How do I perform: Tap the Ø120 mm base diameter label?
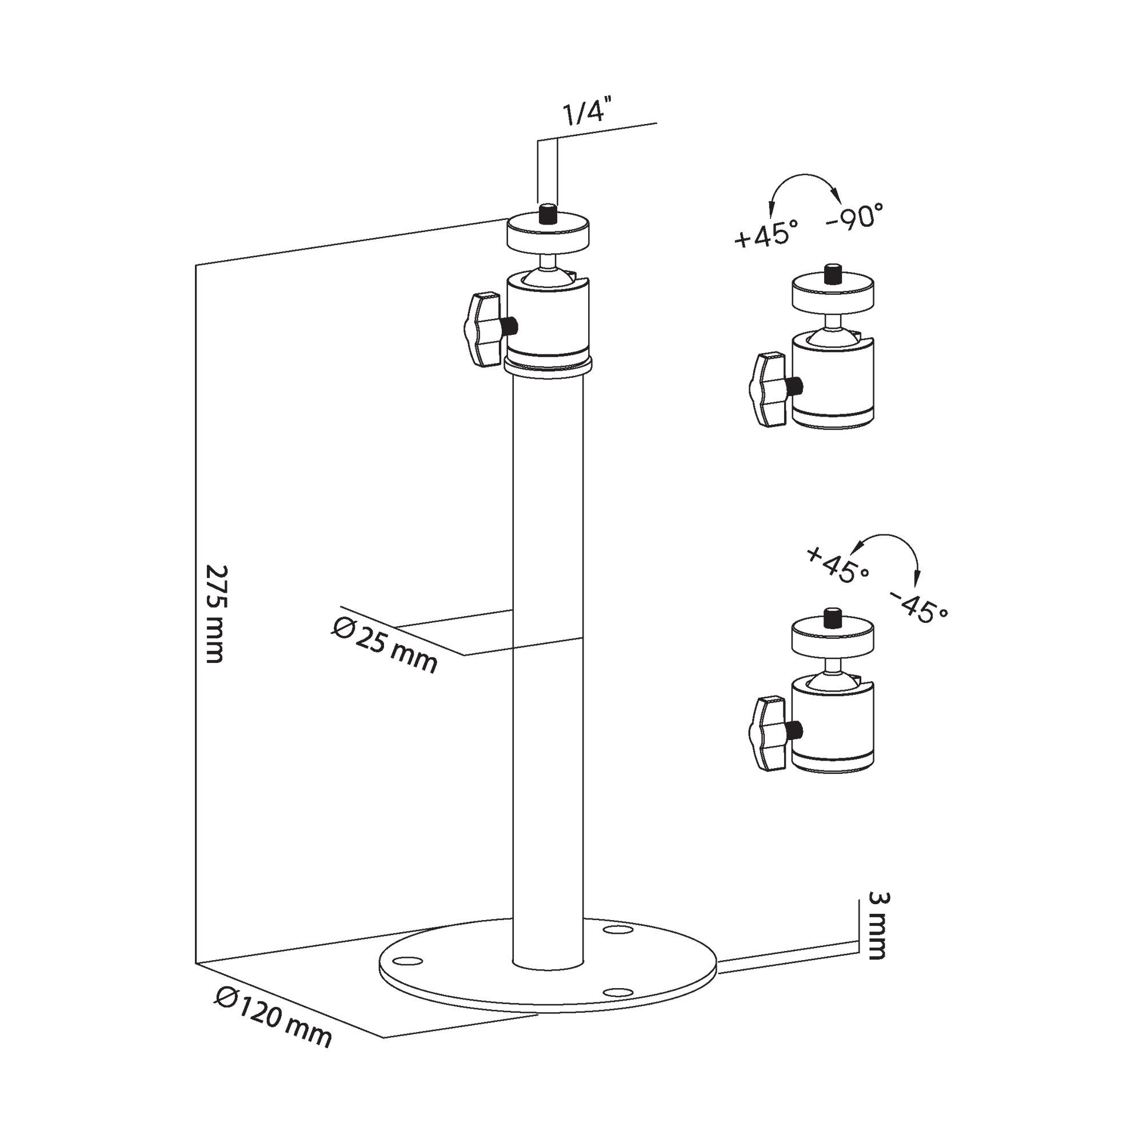tap(273, 1017)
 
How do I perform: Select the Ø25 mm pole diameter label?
tap(385, 644)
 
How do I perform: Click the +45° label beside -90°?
tap(766, 233)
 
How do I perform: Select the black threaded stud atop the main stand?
tap(549, 214)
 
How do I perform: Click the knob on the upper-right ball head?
tap(768, 389)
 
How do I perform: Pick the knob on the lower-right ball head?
tap(768, 734)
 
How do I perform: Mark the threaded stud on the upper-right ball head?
tap(833, 274)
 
